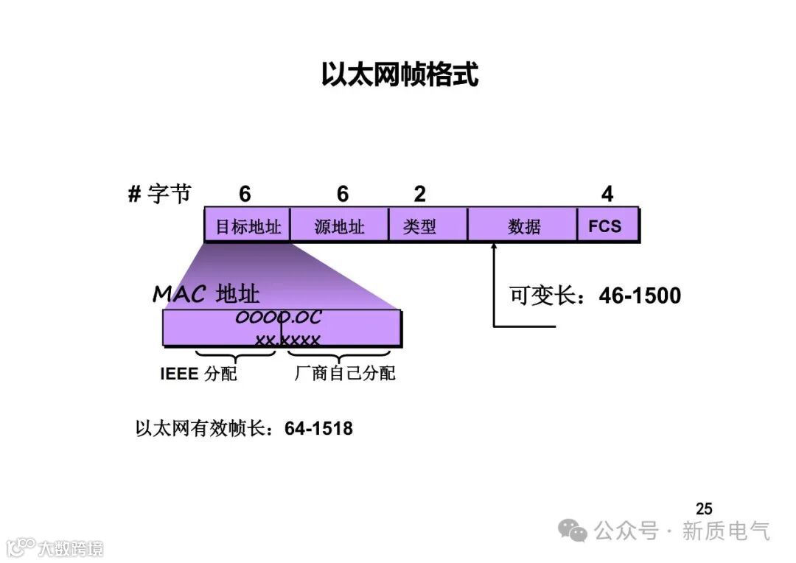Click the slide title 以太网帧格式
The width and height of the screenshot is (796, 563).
399,75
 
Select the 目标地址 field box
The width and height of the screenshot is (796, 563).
248,225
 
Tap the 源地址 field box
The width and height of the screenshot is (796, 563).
339,225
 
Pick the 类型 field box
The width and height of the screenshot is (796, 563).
419,225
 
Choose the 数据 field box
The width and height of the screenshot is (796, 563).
523,225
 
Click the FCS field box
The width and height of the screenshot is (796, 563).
605,225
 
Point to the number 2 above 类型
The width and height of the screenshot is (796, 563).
419,194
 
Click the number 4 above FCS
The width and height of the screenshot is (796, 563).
607,194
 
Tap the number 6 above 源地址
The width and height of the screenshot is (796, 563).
342,194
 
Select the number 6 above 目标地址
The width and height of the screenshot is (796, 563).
245,194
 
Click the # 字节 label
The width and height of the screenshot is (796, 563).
159,194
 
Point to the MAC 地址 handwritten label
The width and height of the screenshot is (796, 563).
206,294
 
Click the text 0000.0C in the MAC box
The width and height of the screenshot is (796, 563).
279,318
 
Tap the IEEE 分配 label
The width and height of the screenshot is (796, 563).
199,374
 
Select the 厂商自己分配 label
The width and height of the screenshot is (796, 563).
345,374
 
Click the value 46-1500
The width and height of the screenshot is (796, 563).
640,296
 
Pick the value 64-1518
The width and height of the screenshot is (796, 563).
318,428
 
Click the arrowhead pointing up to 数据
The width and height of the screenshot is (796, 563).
494,250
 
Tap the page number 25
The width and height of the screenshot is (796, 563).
704,508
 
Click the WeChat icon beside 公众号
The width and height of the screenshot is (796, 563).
573,530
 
